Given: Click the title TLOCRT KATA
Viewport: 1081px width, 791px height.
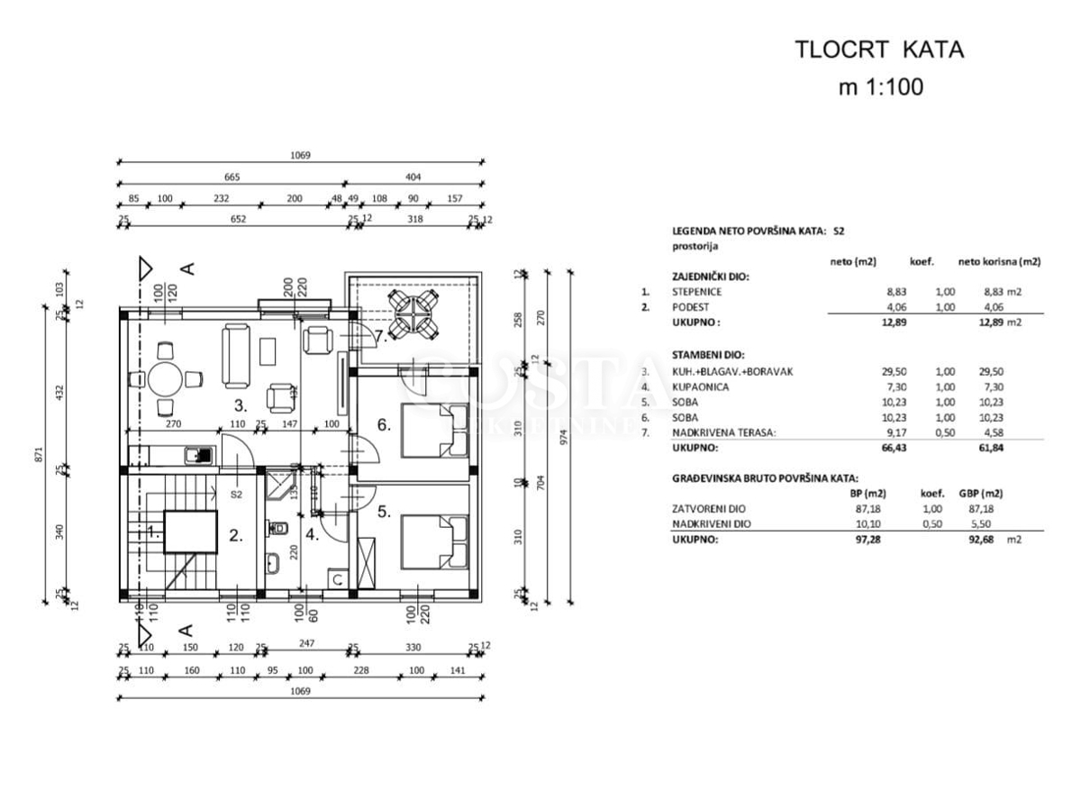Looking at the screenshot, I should tap(878, 50).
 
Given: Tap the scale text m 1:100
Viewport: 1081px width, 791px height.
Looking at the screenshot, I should tap(880, 87).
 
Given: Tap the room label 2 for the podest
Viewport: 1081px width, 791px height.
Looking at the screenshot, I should tap(236, 535).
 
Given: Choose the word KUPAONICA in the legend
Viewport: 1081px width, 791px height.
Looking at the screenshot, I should tap(699, 386).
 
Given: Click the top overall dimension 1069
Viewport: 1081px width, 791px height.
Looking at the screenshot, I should tap(300, 155).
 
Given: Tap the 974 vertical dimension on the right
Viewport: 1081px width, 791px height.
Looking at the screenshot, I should tap(565, 439).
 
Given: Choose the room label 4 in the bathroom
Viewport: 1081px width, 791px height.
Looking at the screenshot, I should tap(312, 534).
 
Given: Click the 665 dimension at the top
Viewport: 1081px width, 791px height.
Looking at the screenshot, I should tap(232, 177).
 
